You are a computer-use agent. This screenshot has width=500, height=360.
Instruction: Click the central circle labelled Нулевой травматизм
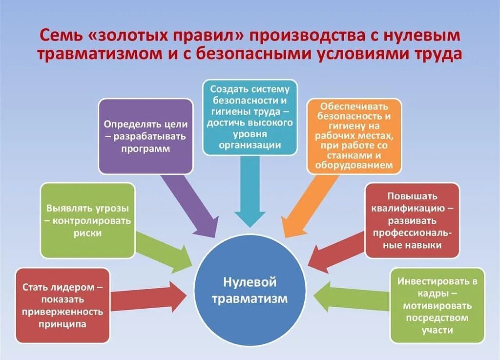250,291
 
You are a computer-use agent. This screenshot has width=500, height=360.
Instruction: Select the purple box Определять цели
146,136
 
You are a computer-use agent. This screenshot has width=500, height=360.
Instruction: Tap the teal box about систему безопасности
250,117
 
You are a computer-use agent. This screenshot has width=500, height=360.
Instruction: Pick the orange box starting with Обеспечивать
354,136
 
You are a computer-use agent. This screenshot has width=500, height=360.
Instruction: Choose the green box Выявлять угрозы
88,220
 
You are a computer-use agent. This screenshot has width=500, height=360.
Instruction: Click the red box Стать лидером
62,305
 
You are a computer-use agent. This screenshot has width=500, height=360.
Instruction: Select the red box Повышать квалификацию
412,220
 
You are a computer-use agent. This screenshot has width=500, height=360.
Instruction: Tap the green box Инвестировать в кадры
437,306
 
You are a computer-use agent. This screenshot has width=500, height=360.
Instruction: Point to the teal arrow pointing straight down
250,195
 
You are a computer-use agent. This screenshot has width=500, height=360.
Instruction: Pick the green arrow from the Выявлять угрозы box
164,252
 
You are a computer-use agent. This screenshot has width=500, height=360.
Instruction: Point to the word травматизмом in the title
98,54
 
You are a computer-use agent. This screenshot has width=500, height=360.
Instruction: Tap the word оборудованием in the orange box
354,166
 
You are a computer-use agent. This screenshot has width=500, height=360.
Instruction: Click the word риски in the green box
88,233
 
